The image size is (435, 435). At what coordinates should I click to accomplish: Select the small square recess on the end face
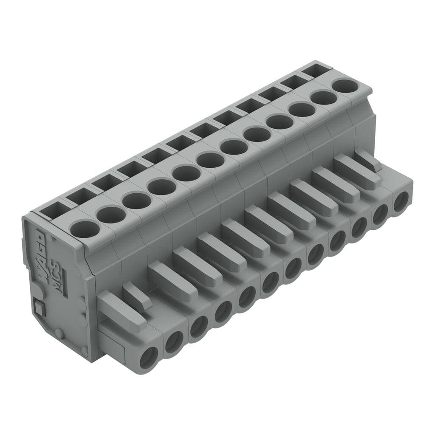[x=40, y=307]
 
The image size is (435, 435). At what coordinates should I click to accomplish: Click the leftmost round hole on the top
[x=85, y=229]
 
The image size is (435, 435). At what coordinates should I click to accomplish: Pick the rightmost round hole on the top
[x=345, y=86]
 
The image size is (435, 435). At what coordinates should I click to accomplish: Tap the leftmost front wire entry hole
[x=149, y=357]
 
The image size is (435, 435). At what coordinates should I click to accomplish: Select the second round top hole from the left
[x=110, y=214]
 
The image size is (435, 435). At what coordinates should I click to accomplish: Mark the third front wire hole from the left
[x=199, y=326]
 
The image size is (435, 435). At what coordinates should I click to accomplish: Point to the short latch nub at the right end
[x=368, y=161]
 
